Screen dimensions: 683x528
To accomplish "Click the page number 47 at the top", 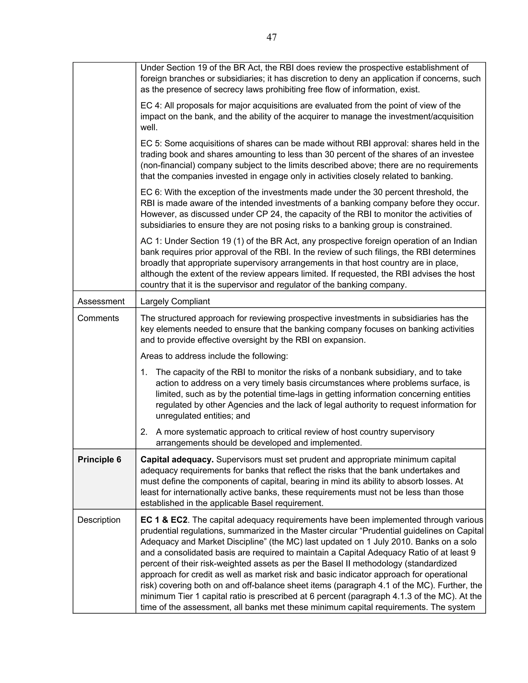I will click(271, 38).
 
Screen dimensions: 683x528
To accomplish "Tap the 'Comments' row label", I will click(98, 318).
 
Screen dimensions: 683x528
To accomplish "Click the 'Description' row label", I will click(98, 520).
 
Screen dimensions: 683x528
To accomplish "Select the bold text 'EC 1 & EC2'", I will click(164, 520).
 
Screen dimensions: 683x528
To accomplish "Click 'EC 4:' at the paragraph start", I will click(151, 106).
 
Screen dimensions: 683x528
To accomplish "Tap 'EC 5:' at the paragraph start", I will click(151, 144).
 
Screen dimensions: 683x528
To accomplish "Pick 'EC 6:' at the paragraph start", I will click(151, 192).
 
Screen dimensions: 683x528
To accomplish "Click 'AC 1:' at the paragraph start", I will click(151, 241).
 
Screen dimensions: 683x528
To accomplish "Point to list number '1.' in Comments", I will click(144, 372).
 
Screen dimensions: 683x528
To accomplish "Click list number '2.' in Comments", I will click(144, 432).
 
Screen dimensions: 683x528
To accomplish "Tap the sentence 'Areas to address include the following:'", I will click(214, 356).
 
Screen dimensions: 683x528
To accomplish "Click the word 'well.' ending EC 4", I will click(149, 128).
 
